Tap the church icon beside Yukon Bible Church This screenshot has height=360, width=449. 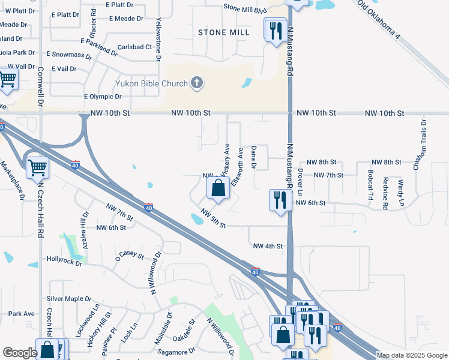[x=197, y=83]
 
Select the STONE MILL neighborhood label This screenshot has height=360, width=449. [x=224, y=32]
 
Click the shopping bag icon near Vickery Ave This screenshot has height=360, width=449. [x=218, y=188]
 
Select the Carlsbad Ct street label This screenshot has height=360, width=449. [x=135, y=47]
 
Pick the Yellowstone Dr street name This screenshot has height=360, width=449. [x=158, y=39]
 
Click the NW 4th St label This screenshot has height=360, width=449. [x=268, y=246]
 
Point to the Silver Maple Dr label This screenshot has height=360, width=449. [x=69, y=298]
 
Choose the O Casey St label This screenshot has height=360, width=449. [x=131, y=256]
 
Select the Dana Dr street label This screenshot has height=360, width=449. [x=254, y=157]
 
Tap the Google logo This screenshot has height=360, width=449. [x=20, y=353]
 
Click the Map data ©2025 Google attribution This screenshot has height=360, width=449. [x=412, y=356]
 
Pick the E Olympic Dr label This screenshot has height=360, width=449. [x=103, y=96]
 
